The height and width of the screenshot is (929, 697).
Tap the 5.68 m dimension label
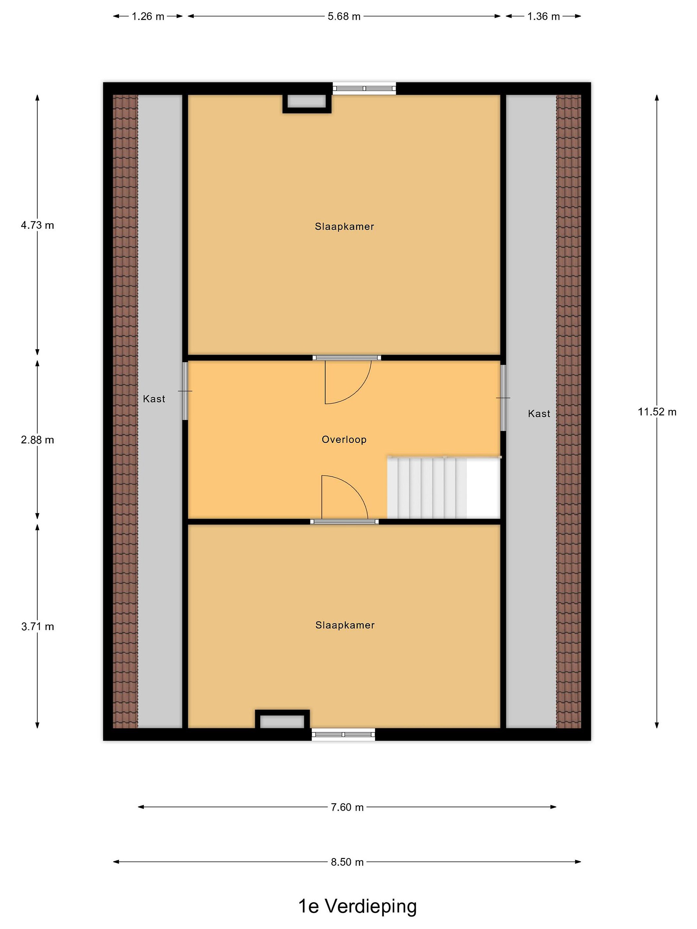(x=344, y=16)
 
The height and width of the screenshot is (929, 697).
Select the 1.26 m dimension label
(x=148, y=16)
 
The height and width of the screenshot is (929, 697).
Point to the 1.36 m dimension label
(x=544, y=16)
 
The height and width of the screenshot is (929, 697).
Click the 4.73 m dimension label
(x=37, y=225)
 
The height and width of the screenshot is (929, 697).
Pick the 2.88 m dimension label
(x=37, y=440)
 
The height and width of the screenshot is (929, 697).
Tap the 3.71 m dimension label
(x=37, y=626)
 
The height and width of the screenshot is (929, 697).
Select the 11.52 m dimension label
(x=657, y=412)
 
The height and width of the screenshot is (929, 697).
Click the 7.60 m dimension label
(x=347, y=807)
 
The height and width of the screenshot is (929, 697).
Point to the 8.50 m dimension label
(x=347, y=862)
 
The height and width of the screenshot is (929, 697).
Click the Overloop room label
(x=344, y=439)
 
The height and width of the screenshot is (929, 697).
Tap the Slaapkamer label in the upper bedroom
(x=345, y=227)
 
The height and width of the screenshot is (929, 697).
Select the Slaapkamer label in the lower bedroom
(x=345, y=625)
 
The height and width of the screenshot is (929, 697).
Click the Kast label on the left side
(x=154, y=399)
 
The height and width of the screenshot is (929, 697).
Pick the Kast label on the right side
(x=539, y=414)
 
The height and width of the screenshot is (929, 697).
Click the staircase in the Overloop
(x=444, y=487)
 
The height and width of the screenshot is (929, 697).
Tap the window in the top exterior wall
(x=364, y=88)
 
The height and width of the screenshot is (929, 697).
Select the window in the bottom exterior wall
(x=343, y=734)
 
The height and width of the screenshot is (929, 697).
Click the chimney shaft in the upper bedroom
(x=307, y=102)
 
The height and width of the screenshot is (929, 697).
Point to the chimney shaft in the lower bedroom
(x=282, y=719)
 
